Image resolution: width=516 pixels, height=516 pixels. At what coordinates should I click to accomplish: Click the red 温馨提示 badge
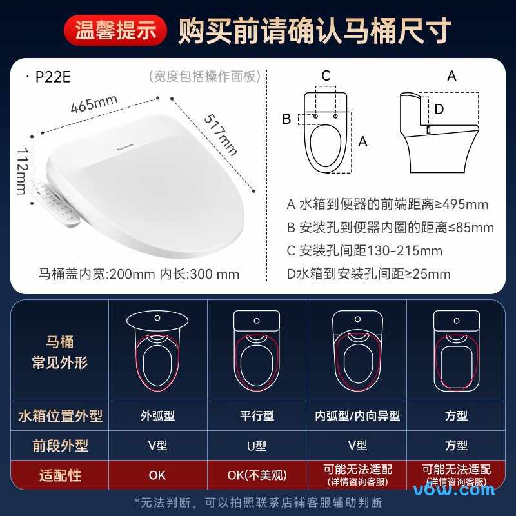tap(115, 30)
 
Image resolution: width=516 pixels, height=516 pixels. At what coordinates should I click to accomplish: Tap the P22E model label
tap(53, 77)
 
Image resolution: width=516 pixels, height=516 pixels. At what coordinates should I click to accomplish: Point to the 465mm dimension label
tap(94, 103)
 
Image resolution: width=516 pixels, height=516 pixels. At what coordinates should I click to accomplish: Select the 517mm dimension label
tap(221, 135)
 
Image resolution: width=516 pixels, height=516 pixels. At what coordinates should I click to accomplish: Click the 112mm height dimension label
tap(22, 171)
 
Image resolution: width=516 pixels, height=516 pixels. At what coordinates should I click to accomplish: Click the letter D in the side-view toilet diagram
tap(439, 109)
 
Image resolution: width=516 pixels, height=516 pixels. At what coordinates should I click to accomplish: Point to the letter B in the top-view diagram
tap(286, 119)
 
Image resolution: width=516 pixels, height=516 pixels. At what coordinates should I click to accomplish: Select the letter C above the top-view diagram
tap(326, 76)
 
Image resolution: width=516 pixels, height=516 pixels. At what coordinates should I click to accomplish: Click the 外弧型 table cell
tap(157, 416)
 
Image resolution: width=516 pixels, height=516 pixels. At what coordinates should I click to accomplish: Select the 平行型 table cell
tap(257, 416)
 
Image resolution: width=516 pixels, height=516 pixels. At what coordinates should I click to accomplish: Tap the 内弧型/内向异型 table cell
tap(357, 416)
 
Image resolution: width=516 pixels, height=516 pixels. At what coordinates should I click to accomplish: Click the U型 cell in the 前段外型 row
tap(257, 446)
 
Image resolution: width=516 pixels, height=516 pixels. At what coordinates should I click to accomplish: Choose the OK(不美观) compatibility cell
tap(257, 475)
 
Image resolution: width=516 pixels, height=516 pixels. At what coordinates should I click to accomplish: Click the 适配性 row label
tap(60, 475)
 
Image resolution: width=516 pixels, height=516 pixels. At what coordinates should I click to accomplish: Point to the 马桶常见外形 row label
tap(60, 352)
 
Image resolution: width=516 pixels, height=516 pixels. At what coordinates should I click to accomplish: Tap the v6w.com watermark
tap(454, 490)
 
